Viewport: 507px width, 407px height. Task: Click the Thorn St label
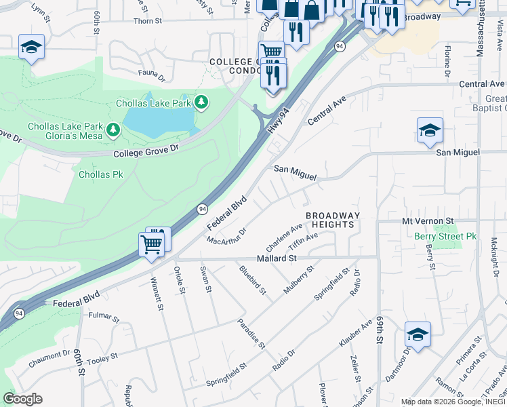147,21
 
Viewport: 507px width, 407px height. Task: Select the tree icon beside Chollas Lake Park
201,103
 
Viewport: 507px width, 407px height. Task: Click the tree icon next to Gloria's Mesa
113,129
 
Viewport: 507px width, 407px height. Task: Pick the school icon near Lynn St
32,47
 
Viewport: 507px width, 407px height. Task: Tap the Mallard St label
277,258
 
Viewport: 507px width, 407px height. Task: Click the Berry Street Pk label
445,236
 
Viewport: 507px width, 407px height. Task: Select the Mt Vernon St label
427,221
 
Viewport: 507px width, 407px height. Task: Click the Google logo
22,399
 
